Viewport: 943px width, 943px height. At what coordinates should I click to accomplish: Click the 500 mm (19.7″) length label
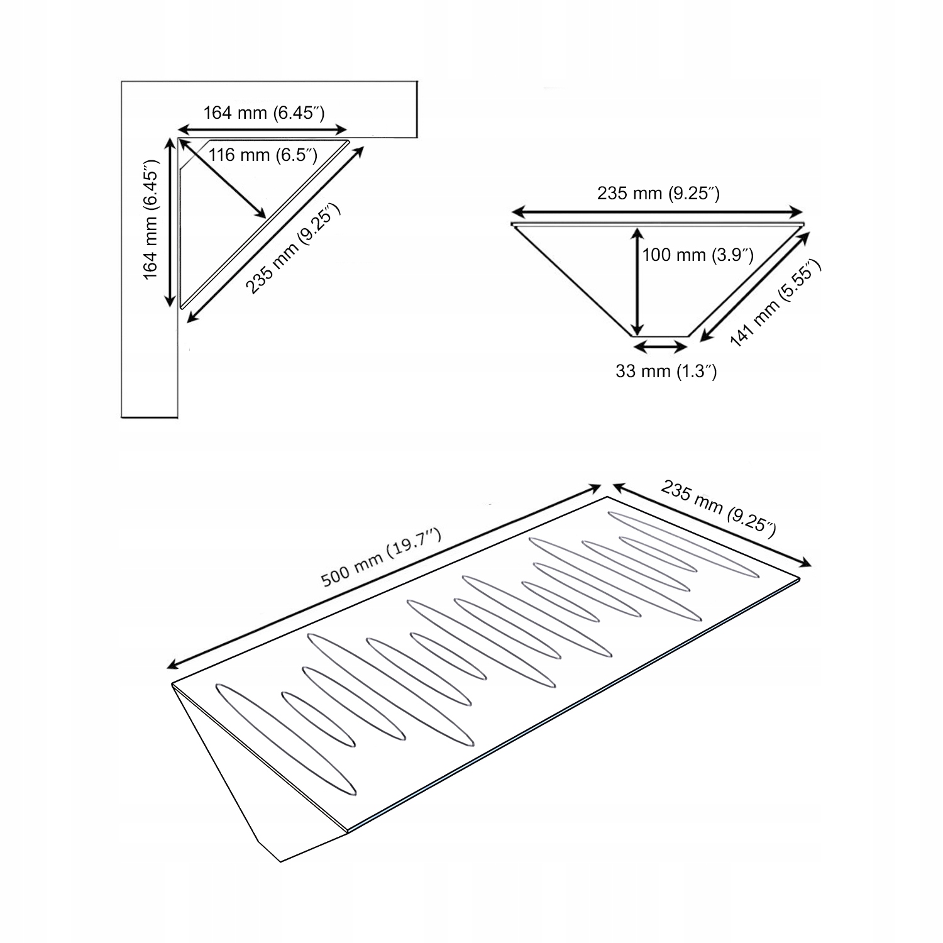click(x=382, y=558)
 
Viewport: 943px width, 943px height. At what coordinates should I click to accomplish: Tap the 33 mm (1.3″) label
click(x=666, y=372)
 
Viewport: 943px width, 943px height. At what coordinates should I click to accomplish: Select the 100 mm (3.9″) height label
click(x=698, y=255)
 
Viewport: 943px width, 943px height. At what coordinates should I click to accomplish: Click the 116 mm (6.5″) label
click(x=263, y=154)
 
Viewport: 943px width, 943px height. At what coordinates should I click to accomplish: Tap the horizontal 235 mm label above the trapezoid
click(x=658, y=194)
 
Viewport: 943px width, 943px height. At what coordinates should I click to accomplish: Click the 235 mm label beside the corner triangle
click(x=293, y=248)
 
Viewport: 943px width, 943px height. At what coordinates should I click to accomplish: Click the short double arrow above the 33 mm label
click(x=661, y=345)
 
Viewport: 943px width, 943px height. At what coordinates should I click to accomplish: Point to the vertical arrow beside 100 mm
click(x=637, y=281)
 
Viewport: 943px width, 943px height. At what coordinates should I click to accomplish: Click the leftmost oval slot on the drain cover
click(x=285, y=739)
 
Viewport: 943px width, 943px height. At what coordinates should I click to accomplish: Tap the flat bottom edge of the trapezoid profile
click(x=659, y=336)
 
